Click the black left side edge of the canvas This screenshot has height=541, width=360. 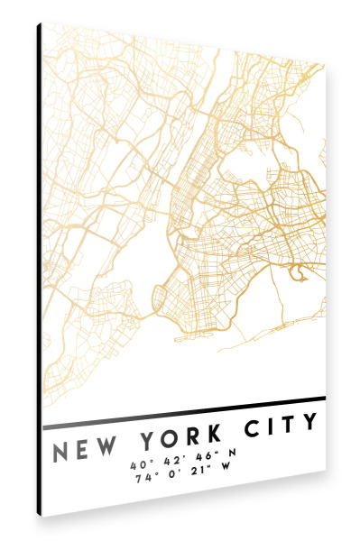[40, 270]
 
